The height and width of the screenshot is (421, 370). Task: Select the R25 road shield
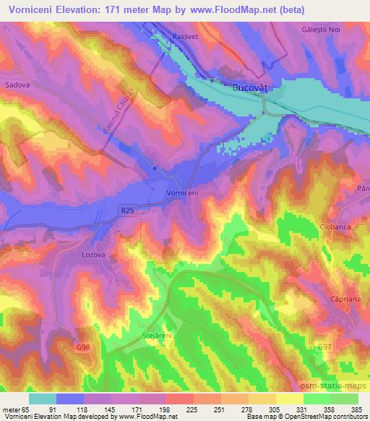tap(128, 208)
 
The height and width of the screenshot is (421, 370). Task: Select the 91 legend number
tap(70, 410)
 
